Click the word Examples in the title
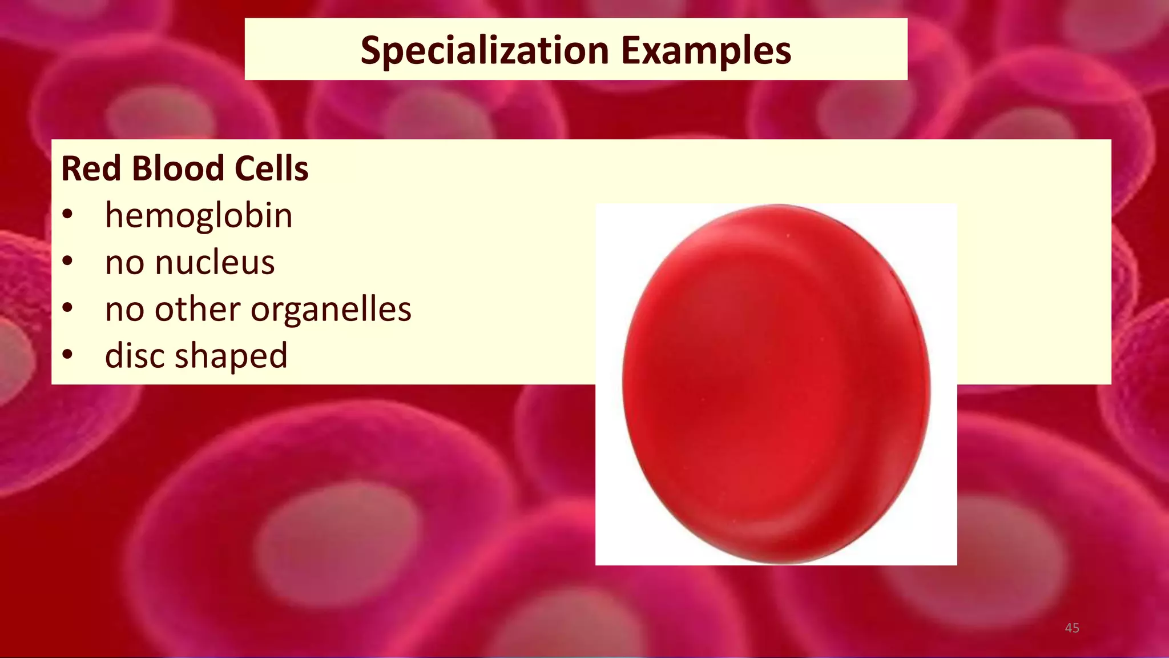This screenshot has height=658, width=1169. [706, 51]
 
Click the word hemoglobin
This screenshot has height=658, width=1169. [199, 216]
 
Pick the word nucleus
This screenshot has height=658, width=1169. [215, 263]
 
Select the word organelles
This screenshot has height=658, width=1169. [331, 310]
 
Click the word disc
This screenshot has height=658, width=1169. [135, 355]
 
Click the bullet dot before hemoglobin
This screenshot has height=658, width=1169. [68, 215]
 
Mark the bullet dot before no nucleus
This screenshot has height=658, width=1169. [68, 262]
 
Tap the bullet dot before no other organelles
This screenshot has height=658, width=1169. [68, 309]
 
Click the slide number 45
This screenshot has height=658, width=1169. [1072, 628]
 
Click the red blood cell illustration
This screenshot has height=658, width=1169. [776, 384]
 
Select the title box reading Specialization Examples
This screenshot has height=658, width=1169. [576, 49]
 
